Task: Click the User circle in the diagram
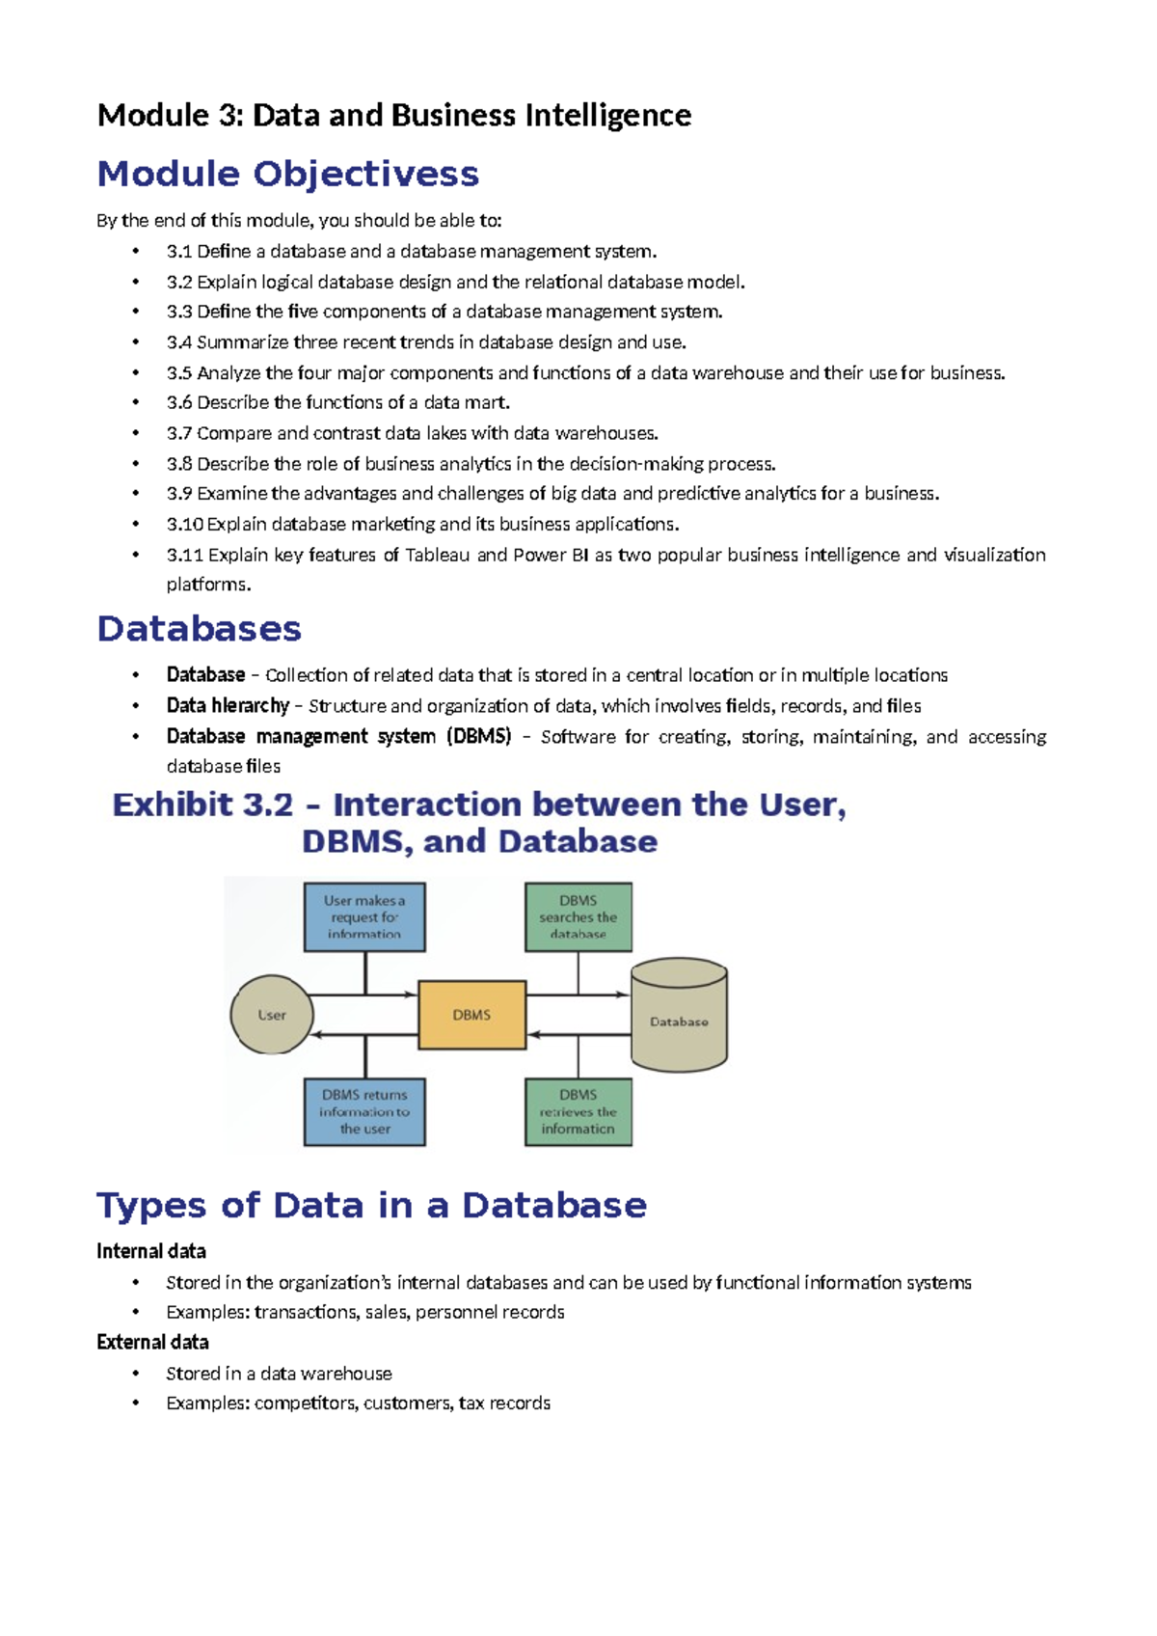(x=272, y=1015)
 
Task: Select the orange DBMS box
(x=471, y=1015)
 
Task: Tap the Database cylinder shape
(x=679, y=1017)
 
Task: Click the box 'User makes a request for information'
(x=364, y=916)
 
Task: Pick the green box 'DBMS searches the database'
(x=578, y=916)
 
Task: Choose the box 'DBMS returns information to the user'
(x=364, y=1111)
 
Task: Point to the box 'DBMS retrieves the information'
(x=578, y=1111)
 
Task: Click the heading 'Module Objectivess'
(x=287, y=174)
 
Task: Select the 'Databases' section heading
(x=199, y=629)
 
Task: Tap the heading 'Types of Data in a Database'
(x=371, y=1206)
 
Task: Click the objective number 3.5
(x=179, y=373)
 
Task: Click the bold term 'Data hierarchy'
(x=228, y=706)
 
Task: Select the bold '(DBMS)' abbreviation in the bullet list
(x=478, y=737)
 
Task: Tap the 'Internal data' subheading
(x=151, y=1251)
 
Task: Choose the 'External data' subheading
(x=152, y=1343)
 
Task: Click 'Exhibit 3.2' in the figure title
(x=202, y=804)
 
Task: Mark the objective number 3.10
(x=184, y=525)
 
